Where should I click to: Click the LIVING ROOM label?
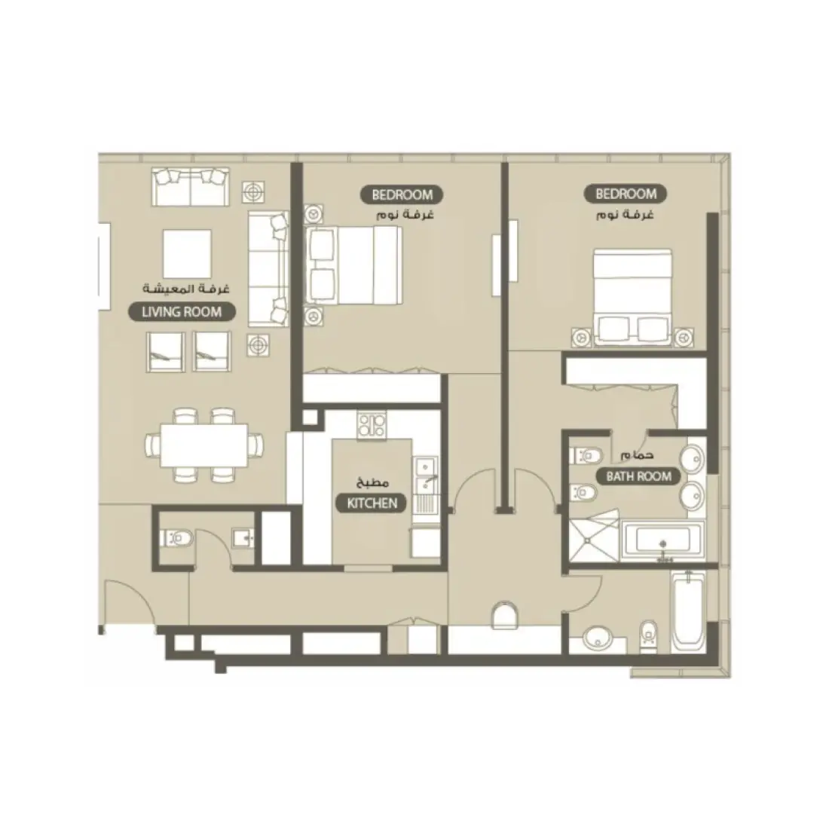coord(181,311)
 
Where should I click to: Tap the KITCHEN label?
coord(372,503)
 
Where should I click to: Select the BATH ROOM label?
coord(638,476)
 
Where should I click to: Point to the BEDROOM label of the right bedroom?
coord(626,194)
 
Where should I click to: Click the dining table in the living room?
coord(204,445)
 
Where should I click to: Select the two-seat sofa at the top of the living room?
coord(190,187)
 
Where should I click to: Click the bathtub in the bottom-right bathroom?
coord(688,610)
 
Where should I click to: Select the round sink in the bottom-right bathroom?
coord(600,636)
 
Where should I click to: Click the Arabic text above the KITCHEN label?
coord(372,482)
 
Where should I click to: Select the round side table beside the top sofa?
coord(255,191)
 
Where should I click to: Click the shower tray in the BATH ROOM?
coord(592,541)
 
